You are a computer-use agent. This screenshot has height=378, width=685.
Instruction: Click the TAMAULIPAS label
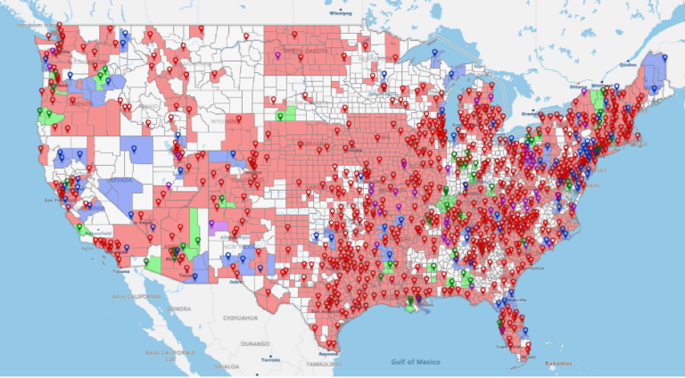point(324,364)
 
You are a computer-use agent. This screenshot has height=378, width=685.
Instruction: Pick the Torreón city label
point(269,358)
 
